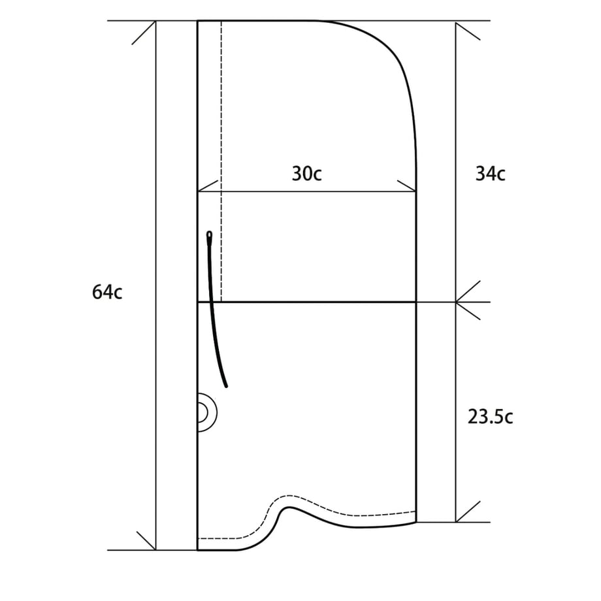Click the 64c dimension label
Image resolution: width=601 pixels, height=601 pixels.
click(x=107, y=292)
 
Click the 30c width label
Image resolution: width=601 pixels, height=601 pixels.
click(x=306, y=173)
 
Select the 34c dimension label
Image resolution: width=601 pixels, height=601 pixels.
click(x=490, y=173)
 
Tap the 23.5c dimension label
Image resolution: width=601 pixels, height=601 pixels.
click(x=490, y=416)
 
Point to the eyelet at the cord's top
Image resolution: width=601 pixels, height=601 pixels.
click(x=209, y=234)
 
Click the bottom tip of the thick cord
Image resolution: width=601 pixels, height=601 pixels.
click(x=226, y=386)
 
